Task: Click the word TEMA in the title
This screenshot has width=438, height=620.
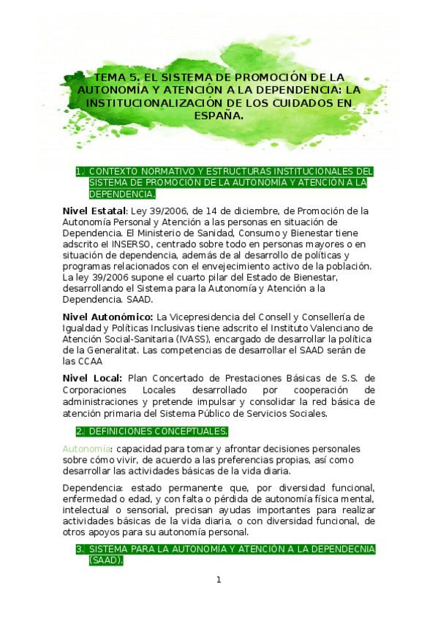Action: [x=110, y=77]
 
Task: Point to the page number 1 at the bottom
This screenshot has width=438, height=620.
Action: [x=218, y=580]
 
